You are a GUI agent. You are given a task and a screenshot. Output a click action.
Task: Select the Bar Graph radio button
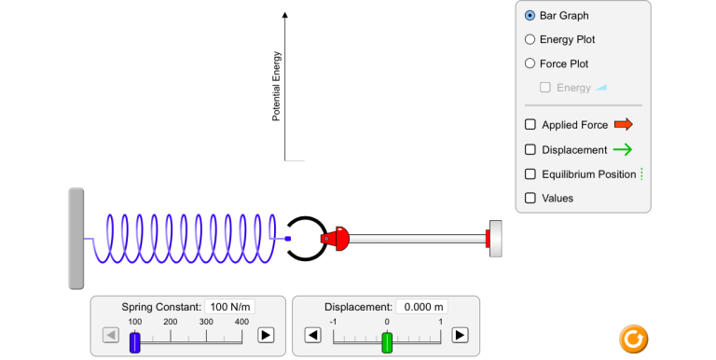pos(530,16)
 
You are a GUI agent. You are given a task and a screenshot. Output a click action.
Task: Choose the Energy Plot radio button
pos(530,39)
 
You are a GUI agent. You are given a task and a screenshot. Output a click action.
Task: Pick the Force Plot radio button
pos(530,63)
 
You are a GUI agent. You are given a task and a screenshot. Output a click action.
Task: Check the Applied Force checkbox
pos(530,124)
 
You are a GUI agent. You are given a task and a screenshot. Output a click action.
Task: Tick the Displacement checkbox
pos(530,149)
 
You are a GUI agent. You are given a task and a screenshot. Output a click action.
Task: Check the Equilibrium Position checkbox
pos(530,174)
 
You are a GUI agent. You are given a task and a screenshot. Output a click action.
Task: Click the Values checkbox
pos(530,198)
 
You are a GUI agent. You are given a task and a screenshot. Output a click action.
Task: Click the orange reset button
pos(634,339)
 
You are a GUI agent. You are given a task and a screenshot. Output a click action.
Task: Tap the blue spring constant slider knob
pos(134,342)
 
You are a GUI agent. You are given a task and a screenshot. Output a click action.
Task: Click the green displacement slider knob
pos(387,342)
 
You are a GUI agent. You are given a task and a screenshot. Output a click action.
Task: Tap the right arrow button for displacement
pos(460,336)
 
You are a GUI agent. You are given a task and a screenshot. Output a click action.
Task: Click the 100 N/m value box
pos(230,307)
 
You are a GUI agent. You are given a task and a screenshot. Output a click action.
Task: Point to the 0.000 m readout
pos(422,307)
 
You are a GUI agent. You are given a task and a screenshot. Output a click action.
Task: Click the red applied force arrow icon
pos(624,124)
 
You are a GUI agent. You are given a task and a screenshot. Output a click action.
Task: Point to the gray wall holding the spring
pos(76,239)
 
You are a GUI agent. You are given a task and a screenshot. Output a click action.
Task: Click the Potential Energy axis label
pos(276,87)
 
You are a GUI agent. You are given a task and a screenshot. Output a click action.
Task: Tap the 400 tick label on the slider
pos(241,322)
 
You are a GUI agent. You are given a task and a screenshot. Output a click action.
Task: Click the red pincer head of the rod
pos(336,238)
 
